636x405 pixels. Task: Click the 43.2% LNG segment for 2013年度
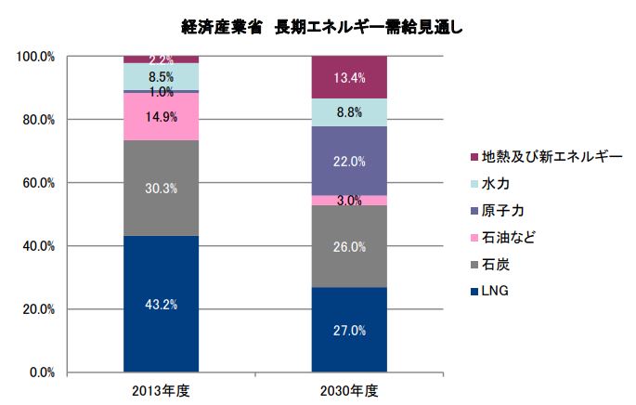tap(161, 304)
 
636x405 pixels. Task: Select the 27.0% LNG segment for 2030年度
tap(348, 329)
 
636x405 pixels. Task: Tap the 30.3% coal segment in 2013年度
tap(161, 188)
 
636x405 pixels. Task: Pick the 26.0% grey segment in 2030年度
tap(348, 246)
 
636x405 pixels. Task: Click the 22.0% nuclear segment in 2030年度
tap(348, 161)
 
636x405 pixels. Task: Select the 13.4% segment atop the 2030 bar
tap(348, 77)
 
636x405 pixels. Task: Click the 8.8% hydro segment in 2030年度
tap(348, 112)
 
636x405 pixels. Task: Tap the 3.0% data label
tap(348, 201)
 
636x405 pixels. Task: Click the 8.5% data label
tap(161, 77)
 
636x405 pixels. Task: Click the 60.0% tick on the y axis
tap(35, 183)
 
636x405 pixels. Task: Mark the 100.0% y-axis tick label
tap(35, 57)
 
